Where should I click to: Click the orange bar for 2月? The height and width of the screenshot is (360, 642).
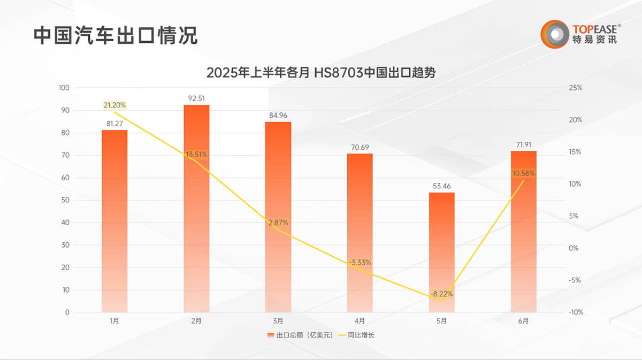(196, 209)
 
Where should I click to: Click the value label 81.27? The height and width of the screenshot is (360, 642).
(114, 124)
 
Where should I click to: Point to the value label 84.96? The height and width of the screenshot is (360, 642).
(278, 115)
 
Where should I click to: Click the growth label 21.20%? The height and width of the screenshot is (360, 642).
(114, 105)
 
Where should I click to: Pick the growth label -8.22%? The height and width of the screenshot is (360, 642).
(441, 294)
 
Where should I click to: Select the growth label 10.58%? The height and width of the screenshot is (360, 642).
(523, 173)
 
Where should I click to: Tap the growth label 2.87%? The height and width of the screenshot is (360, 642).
(278, 222)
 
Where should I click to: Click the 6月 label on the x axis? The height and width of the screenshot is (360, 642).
(523, 321)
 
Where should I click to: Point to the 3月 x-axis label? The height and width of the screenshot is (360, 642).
(278, 321)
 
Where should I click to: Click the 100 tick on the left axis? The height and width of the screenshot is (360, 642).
(64, 88)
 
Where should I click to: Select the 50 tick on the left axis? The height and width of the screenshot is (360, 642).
(66, 200)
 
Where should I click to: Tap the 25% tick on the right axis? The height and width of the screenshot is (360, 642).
(576, 88)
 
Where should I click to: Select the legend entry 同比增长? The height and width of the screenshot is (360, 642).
(359, 335)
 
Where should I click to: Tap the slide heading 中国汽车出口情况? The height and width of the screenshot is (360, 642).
(116, 35)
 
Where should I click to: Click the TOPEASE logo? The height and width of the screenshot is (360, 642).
(580, 33)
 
